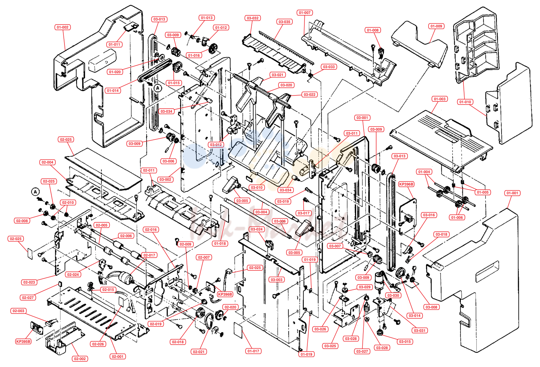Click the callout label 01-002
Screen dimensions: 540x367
[62, 27]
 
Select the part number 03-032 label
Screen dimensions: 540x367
[253, 18]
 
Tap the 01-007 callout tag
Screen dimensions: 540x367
[305, 12]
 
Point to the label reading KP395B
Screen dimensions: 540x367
[23, 341]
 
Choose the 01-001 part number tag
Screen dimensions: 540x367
[512, 193]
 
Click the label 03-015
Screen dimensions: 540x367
[405, 341]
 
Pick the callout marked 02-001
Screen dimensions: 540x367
[118, 356]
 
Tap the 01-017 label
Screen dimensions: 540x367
[254, 351]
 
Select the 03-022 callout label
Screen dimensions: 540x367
[310, 95]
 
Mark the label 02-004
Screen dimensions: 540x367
[48, 162]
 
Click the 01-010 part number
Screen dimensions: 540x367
[465, 102]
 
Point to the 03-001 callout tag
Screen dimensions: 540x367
[362, 118]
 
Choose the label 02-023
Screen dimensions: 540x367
[29, 282]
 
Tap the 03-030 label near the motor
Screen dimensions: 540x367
[393, 296]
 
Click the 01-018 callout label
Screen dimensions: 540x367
[220, 243]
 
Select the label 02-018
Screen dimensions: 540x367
[178, 342]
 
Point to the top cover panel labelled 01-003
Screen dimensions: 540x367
[441, 142]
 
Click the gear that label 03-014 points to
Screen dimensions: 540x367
[400, 273]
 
